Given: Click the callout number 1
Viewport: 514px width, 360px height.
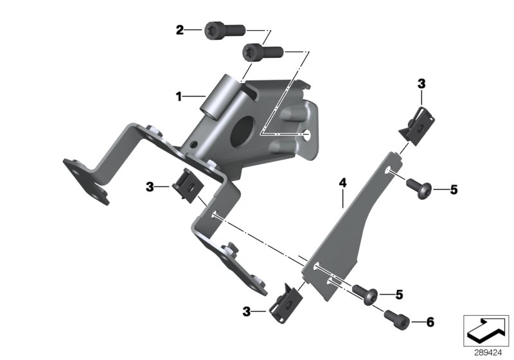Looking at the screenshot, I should click(x=180, y=97).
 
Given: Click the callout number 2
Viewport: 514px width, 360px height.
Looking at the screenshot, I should click(x=180, y=30).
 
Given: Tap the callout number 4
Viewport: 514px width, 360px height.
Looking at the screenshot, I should click(x=343, y=184).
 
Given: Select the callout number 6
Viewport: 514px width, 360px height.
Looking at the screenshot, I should click(x=412, y=321).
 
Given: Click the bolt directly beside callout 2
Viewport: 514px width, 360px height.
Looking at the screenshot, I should click(x=222, y=30).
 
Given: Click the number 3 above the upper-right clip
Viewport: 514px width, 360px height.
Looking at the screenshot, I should click(x=421, y=84).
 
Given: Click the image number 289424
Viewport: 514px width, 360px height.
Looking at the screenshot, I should click(x=486, y=352).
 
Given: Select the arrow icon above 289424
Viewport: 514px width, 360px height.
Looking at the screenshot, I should click(x=486, y=330).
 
